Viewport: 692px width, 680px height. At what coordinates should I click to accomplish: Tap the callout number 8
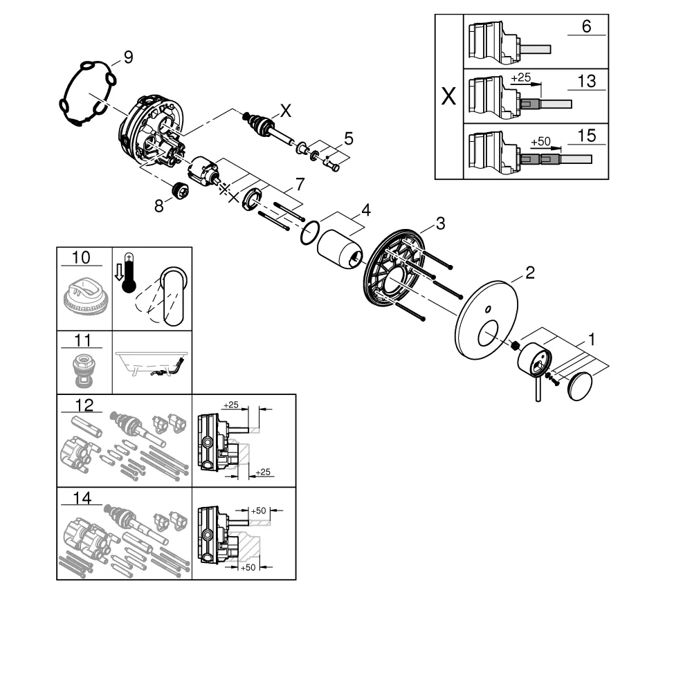159,205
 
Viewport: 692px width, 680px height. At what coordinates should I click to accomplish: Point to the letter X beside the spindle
285,109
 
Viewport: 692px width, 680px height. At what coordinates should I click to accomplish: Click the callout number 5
349,138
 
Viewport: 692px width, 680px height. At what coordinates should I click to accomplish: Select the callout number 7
299,185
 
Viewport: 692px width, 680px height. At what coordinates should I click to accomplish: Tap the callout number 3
439,223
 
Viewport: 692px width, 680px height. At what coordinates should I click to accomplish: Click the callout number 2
529,273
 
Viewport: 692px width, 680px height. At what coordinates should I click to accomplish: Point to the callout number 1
592,340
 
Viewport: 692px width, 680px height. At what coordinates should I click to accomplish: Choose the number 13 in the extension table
586,82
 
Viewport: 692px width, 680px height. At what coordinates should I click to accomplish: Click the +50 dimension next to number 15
540,141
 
